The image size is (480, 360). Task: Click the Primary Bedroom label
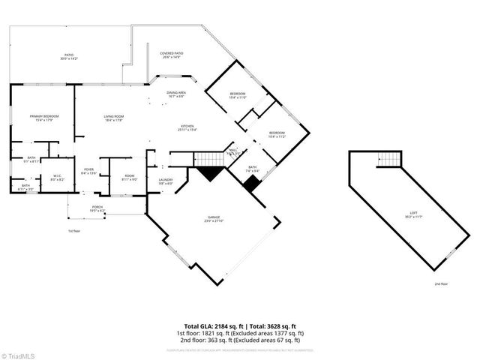click(44, 118)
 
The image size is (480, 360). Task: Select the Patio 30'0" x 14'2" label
click(69, 56)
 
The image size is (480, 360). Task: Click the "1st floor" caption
click(73, 231)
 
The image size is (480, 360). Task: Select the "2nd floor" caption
click(442, 284)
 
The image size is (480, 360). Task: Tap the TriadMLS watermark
click(18, 354)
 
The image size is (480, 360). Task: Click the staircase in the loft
click(388, 159)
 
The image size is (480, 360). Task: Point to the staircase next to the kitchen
click(209, 158)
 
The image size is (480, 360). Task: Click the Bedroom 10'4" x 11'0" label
click(238, 95)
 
